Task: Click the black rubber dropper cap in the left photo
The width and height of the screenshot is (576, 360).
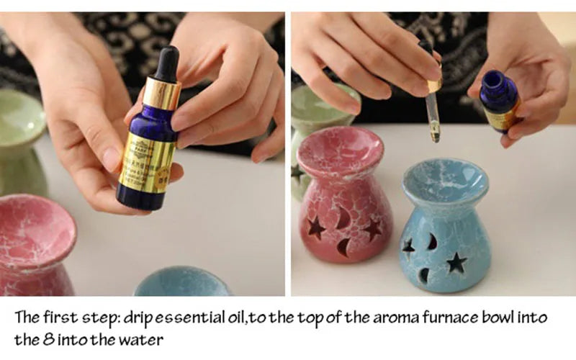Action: (166, 63)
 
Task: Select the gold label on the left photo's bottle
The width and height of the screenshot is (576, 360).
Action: (148, 162)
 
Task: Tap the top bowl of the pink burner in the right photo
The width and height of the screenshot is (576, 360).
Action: (339, 151)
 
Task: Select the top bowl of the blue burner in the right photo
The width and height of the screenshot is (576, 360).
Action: (445, 181)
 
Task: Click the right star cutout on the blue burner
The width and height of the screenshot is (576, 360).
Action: (456, 262)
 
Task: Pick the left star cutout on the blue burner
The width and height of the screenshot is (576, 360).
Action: (409, 248)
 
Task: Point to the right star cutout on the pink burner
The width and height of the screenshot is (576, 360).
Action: (372, 229)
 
